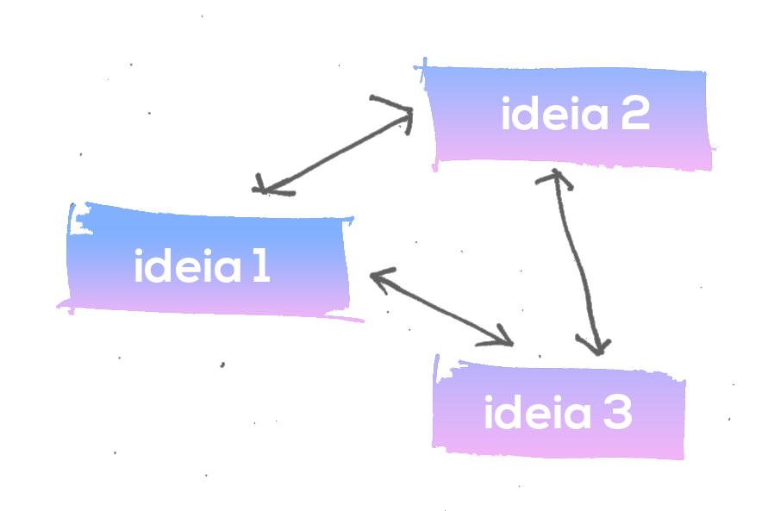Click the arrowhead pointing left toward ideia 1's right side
pos(377,277)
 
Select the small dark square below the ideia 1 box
pos(199,415)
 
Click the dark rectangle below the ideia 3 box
pos(503,484)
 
